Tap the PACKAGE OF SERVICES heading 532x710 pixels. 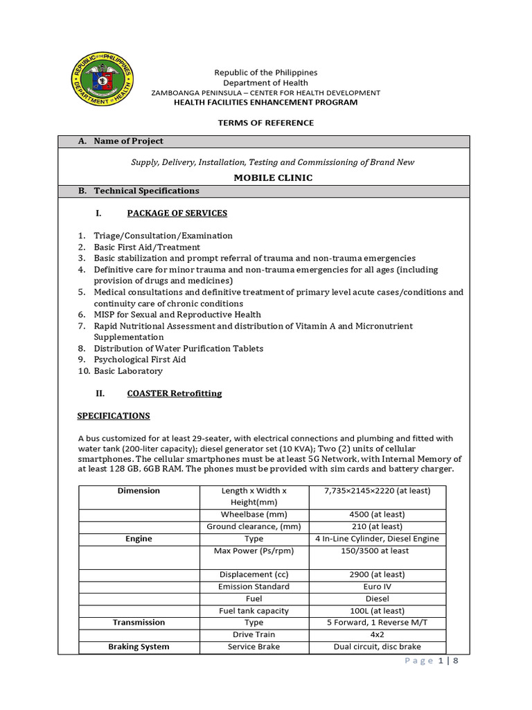tap(177, 213)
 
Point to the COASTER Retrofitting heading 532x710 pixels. tap(174, 393)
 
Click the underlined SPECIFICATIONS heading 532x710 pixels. tap(113, 416)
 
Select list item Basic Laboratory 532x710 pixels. tap(128, 371)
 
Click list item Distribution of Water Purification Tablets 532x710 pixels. tap(179, 348)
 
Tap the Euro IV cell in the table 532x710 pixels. tap(377, 587)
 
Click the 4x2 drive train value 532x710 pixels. tap(377, 634)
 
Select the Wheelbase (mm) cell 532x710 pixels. tap(254, 514)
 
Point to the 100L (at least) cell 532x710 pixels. tap(377, 611)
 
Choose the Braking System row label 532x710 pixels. tap(139, 647)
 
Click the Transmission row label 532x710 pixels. tap(139, 623)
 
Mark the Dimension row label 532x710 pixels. tap(139, 491)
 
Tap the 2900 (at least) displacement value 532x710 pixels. tap(377, 575)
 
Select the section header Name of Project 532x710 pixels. tap(128, 141)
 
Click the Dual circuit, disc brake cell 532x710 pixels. tap(377, 647)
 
